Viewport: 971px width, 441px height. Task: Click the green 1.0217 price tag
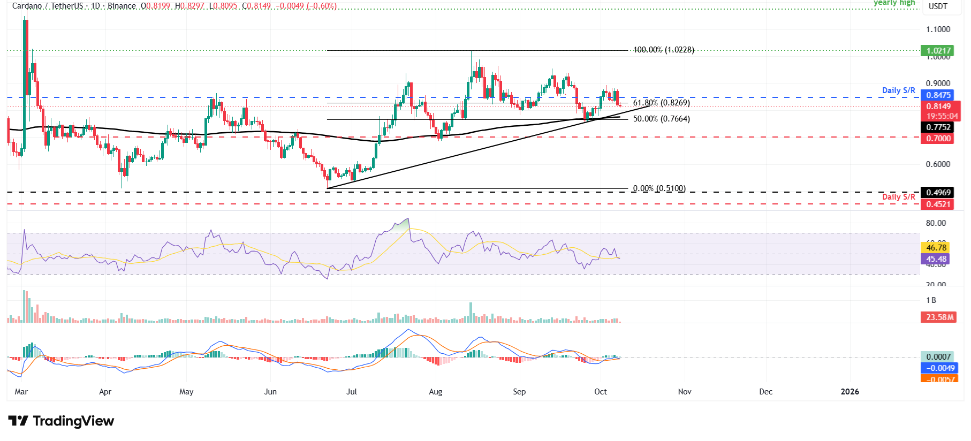click(938, 51)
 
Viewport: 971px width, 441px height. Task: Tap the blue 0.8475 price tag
click(938, 95)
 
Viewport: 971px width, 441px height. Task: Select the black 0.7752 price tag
click(938, 127)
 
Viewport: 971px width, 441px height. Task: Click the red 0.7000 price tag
click(938, 139)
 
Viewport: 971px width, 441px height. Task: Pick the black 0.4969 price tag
click(938, 193)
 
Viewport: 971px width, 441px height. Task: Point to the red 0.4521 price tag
click(938, 204)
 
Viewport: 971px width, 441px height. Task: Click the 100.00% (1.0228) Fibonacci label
click(663, 50)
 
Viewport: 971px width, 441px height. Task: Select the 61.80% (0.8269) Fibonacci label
click(661, 103)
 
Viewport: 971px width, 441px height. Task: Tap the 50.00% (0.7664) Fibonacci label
click(661, 119)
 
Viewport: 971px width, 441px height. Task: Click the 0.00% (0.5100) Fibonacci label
click(659, 188)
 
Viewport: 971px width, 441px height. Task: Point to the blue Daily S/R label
click(898, 90)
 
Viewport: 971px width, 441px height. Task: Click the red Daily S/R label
click(898, 197)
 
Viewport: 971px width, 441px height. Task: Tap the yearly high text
click(894, 3)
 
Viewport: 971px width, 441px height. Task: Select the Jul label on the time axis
click(352, 392)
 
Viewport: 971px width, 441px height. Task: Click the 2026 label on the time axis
click(849, 392)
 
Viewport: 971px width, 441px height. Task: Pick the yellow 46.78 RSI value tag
click(936, 247)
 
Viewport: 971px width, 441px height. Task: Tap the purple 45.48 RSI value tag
click(936, 259)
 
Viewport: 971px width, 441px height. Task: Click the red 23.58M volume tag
click(940, 317)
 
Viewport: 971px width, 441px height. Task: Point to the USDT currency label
click(938, 6)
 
